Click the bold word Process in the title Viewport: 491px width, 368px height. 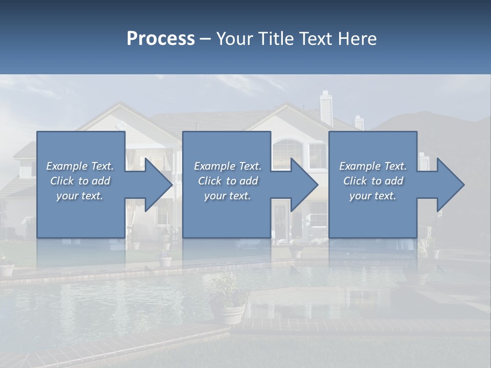point(161,39)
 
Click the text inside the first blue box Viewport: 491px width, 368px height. point(80,181)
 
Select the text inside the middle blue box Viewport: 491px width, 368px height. point(227,181)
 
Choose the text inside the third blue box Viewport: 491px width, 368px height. point(372,181)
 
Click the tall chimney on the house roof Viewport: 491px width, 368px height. point(326,108)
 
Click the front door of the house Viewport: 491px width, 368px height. point(281,220)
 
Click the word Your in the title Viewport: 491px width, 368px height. point(235,39)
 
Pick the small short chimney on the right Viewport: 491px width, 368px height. point(359,123)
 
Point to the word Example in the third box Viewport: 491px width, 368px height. point(358,166)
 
